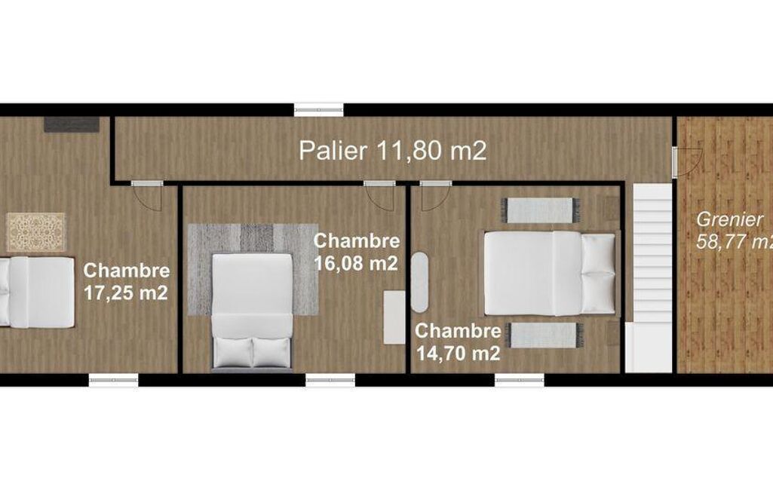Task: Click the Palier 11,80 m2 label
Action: pos(392,150)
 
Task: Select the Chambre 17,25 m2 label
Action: pos(127,281)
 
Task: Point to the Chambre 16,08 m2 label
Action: pos(357,252)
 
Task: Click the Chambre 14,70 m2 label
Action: pos(458,341)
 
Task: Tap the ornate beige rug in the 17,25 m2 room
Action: pos(36,232)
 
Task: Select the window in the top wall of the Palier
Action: pos(318,110)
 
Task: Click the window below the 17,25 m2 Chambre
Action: pos(113,380)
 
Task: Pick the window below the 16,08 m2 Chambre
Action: pos(330,380)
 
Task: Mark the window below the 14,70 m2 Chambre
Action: pos(520,380)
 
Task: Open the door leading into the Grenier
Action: pos(687,161)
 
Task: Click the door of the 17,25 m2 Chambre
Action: pos(147,195)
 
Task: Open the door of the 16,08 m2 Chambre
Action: pos(379,195)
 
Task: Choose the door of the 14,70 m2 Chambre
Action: pos(436,195)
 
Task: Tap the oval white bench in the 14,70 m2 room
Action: pos(419,283)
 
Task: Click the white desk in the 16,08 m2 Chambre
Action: pos(394,317)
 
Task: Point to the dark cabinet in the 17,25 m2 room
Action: pos(72,124)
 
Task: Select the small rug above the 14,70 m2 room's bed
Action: pos(540,210)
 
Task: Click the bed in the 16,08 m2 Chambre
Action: pos(252,311)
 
